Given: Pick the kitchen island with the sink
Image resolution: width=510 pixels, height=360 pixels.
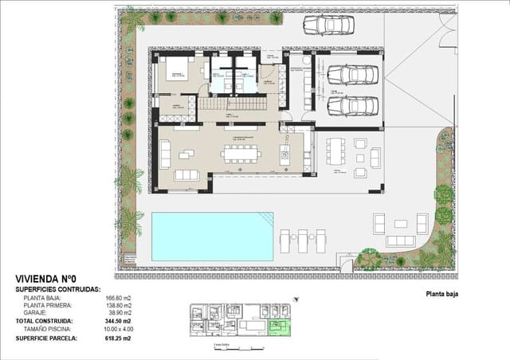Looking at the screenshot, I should (284, 154).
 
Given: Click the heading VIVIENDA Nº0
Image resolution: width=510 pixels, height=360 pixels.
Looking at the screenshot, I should (45, 280).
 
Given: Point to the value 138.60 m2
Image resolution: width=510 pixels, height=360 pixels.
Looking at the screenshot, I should (122, 305).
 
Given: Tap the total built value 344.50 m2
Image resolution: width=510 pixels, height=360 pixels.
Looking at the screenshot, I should (121, 321).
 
